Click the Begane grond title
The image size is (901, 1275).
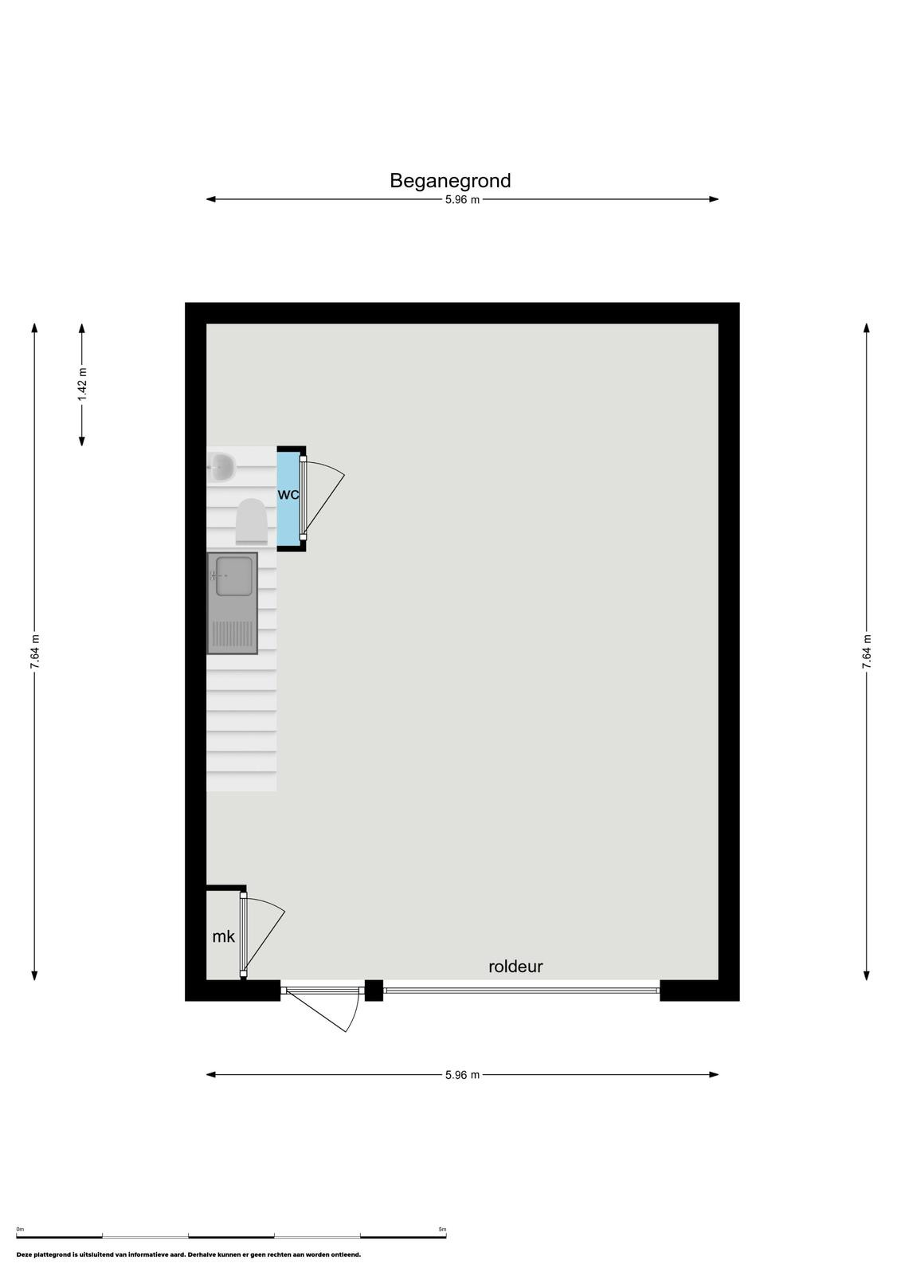coord(449,181)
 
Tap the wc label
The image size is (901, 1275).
coord(288,494)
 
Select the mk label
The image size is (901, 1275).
coord(223,936)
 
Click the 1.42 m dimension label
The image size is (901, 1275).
coord(83,383)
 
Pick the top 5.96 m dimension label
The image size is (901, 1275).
coord(462,200)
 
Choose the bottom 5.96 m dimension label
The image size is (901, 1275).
coord(462,1075)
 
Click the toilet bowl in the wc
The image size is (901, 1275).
coord(251,521)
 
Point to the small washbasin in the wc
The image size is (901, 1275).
coord(221,467)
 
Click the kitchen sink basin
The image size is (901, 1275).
coord(234,576)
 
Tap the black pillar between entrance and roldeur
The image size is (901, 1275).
coord(374,991)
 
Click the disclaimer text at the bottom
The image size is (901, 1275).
coord(188,1254)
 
